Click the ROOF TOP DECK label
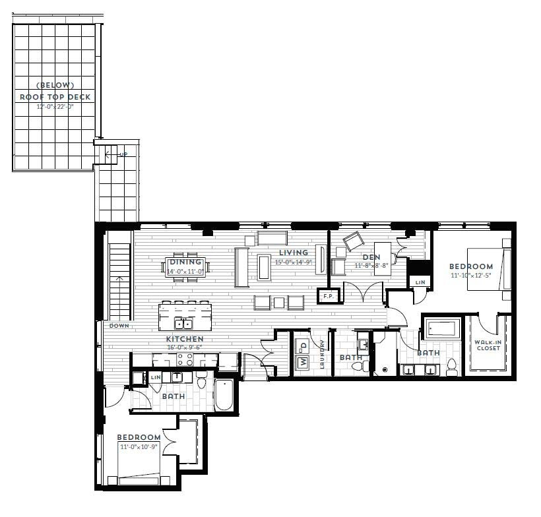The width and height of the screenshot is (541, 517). pyautogui.click(x=55, y=97)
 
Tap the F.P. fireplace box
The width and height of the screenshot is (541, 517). pyautogui.click(x=328, y=296)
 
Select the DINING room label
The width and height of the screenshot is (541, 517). pyautogui.click(x=185, y=262)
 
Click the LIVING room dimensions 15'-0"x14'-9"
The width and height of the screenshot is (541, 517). pyautogui.click(x=293, y=262)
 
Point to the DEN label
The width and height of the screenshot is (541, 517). pyautogui.click(x=371, y=257)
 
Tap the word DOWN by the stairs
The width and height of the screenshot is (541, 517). pyautogui.click(x=120, y=326)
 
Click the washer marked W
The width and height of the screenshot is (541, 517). pyautogui.click(x=302, y=362)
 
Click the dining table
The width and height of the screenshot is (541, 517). pyautogui.click(x=185, y=267)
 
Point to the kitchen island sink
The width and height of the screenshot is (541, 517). pyautogui.click(x=183, y=324)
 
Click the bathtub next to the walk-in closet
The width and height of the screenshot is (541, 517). pyautogui.click(x=441, y=328)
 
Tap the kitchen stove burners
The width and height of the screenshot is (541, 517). pyautogui.click(x=183, y=359)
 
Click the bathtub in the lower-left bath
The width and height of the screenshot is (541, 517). pyautogui.click(x=224, y=394)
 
